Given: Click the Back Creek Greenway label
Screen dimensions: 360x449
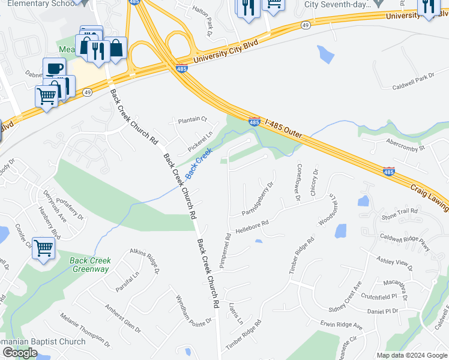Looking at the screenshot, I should (x=90, y=265).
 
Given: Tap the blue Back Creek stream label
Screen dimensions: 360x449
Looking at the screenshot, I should (x=199, y=163).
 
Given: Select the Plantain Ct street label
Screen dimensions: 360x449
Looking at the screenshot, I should (x=191, y=119).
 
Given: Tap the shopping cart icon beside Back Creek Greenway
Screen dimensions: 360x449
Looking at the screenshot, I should (x=44, y=247).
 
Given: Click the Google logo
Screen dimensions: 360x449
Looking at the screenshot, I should (x=20, y=353).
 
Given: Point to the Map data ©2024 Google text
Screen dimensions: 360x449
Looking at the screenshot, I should (x=412, y=355).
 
